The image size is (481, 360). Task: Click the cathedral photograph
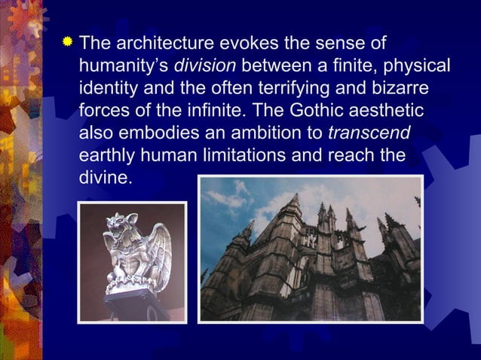309,249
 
